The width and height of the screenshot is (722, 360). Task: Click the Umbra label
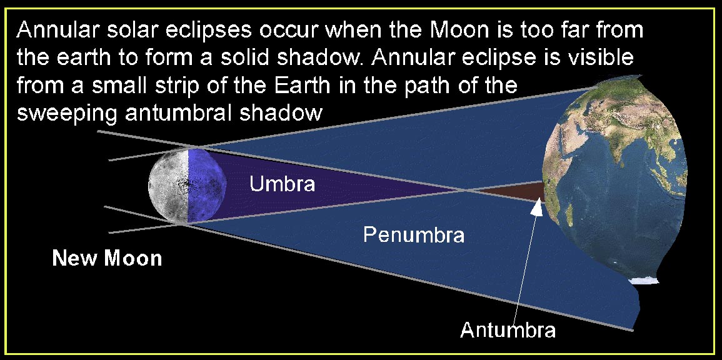click(x=283, y=184)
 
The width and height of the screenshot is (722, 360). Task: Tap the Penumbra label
click(x=413, y=235)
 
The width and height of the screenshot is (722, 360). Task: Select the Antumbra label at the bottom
click(x=508, y=329)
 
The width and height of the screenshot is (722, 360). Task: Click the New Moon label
click(x=108, y=257)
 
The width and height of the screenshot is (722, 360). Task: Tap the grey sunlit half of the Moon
click(x=169, y=186)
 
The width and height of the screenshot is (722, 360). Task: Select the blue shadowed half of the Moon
click(x=207, y=186)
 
